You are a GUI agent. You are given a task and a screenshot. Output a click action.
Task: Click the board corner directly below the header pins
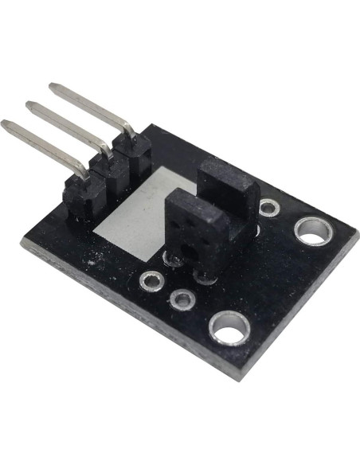click(x=24, y=252)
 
